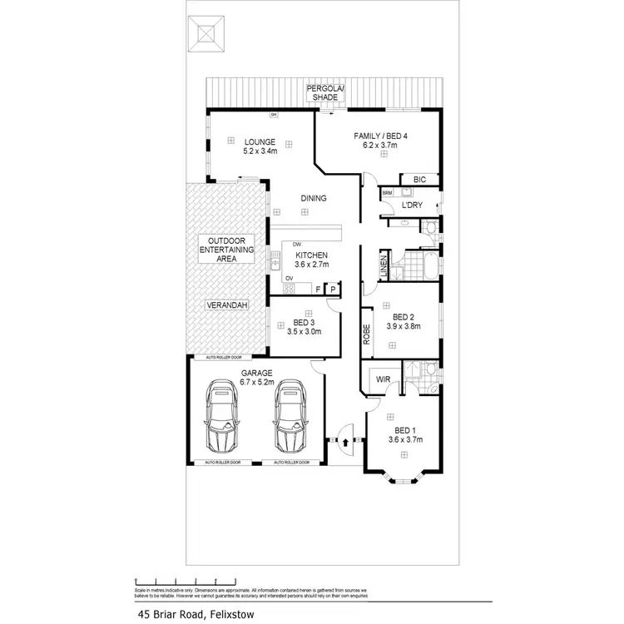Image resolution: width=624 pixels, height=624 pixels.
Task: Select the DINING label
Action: (314, 198)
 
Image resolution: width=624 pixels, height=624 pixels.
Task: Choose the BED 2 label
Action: (404, 321)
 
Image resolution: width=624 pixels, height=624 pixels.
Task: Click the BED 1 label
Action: (405, 433)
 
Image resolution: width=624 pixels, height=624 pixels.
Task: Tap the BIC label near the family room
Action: (420, 179)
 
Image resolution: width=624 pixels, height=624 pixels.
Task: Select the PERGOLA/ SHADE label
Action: (324, 92)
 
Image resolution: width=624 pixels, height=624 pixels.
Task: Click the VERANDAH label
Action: (225, 306)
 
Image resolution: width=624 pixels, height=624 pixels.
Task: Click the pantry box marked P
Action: (333, 289)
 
